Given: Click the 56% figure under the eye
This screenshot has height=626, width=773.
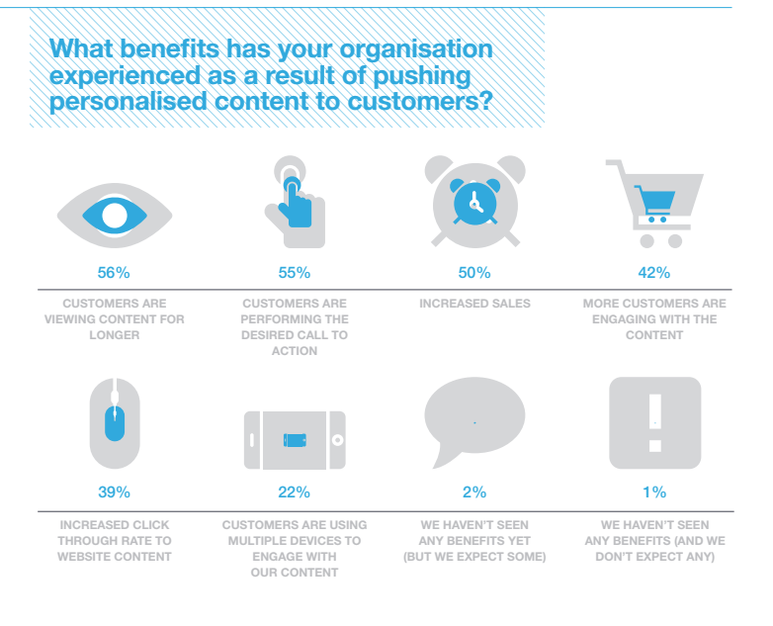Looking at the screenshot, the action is [114, 273].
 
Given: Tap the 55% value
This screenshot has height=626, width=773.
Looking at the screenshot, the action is [295, 273].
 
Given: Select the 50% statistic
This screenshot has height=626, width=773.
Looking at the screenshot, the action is [474, 273].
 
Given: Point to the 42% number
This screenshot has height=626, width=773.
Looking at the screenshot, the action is [654, 273].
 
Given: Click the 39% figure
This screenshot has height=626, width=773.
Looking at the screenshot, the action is [114, 492].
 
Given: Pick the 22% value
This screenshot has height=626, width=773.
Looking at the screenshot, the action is [294, 492].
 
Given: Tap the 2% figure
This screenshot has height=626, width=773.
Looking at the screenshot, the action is [474, 492].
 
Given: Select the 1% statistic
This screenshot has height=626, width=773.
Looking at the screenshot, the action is [654, 492].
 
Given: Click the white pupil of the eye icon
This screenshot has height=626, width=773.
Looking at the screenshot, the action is [115, 216].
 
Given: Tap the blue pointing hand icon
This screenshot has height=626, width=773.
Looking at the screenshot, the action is [296, 204].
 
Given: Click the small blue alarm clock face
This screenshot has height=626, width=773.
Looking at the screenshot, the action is [475, 202].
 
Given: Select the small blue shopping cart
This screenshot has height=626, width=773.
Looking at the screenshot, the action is [655, 204].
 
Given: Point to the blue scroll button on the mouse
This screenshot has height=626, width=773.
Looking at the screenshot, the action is [115, 423].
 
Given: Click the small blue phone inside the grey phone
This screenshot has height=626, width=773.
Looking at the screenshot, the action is [295, 440].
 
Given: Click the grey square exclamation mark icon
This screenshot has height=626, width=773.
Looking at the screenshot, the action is [655, 422].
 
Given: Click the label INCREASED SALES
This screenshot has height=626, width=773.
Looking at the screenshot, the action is [474, 304].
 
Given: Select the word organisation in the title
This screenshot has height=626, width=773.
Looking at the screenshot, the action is [416, 48].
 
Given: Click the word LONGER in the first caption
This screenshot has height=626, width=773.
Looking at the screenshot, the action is [115, 335].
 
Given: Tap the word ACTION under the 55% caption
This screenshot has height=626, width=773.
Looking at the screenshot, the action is [295, 351].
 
